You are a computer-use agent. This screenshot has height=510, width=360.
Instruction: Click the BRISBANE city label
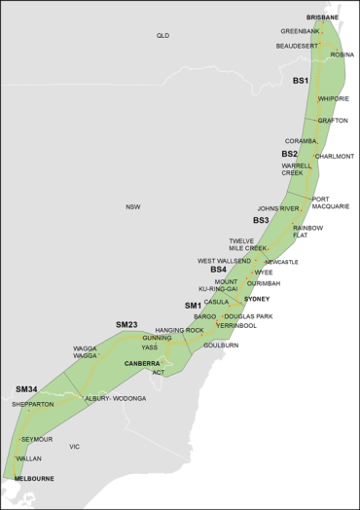click(x=323, y=18)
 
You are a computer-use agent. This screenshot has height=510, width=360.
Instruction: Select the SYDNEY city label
click(x=257, y=300)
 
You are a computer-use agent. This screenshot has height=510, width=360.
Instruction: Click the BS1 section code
click(x=301, y=81)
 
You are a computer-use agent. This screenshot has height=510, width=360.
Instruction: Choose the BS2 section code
click(x=290, y=154)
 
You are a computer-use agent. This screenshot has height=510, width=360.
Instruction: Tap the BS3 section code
click(x=261, y=221)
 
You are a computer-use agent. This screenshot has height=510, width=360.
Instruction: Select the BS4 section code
click(x=218, y=270)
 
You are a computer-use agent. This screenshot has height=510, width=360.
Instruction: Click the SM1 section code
click(x=193, y=306)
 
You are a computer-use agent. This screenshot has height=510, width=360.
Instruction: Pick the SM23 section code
click(x=126, y=324)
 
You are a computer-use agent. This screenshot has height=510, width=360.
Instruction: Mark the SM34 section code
click(x=26, y=389)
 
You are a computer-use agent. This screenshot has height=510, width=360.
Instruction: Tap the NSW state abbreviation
click(x=132, y=206)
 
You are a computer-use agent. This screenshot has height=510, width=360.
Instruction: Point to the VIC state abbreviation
click(x=74, y=447)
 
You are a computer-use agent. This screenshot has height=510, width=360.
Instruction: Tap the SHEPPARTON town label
click(x=33, y=404)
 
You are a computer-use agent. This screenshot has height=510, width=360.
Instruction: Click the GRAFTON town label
click(x=332, y=121)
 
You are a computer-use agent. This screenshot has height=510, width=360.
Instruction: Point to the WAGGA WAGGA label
click(x=86, y=351)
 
